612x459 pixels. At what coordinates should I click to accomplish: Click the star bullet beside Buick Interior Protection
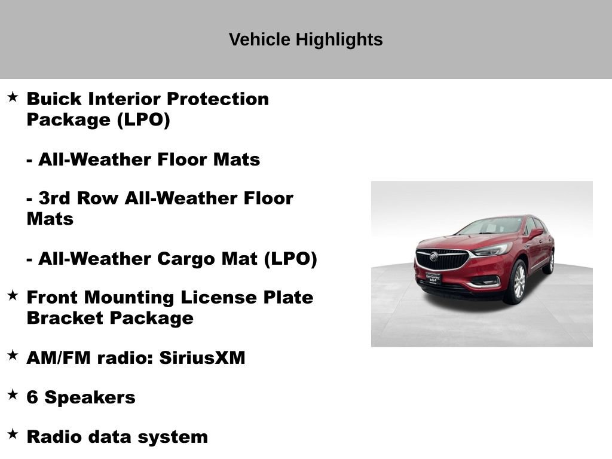coord(13,97)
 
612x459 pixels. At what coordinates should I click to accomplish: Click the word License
coord(236,297)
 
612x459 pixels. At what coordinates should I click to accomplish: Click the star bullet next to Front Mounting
coord(13,295)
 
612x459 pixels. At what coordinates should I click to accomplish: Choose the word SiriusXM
coord(203,358)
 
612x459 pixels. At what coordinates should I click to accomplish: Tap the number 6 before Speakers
coord(32,397)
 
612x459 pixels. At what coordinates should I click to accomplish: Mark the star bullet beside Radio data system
coord(13,434)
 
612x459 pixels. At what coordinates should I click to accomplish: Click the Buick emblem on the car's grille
coord(434,256)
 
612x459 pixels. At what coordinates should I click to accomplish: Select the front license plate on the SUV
coord(433,277)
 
